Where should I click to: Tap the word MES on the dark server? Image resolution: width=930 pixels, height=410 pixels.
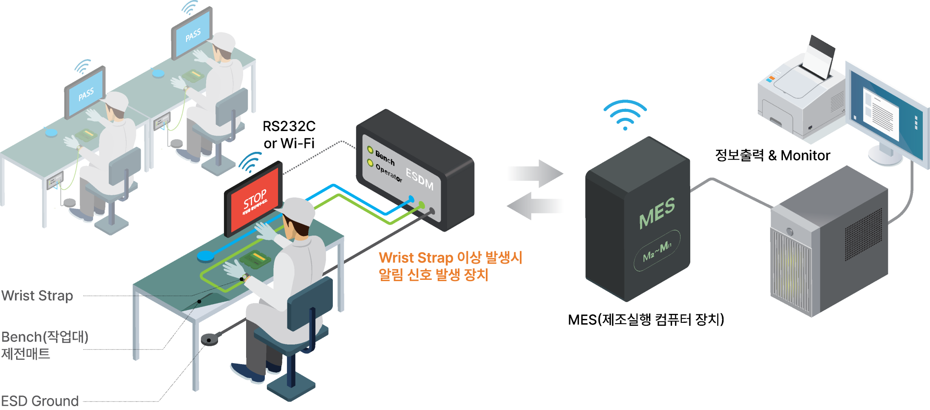pyautogui.click(x=657, y=213)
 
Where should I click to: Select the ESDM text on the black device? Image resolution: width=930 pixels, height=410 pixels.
pyautogui.click(x=420, y=179)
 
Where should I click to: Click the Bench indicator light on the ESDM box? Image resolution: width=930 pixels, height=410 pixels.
pyautogui.click(x=370, y=150)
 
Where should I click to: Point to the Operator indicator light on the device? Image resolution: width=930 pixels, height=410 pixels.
pyautogui.click(x=370, y=163)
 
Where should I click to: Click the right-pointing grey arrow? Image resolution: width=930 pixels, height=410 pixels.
pyautogui.click(x=535, y=174)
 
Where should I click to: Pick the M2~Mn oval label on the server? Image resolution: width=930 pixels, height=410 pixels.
pyautogui.click(x=657, y=251)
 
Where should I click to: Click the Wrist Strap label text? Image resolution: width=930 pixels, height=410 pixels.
pyautogui.click(x=37, y=296)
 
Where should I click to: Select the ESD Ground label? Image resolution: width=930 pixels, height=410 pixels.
pyautogui.click(x=40, y=401)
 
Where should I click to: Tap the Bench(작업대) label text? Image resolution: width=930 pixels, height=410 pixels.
pyautogui.click(x=45, y=337)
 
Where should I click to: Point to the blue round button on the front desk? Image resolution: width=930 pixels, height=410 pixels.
pyautogui.click(x=206, y=256)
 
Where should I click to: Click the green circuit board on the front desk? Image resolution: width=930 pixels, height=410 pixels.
pyautogui.click(x=255, y=259)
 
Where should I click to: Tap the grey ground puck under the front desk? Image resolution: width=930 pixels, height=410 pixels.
pyautogui.click(x=209, y=339)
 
